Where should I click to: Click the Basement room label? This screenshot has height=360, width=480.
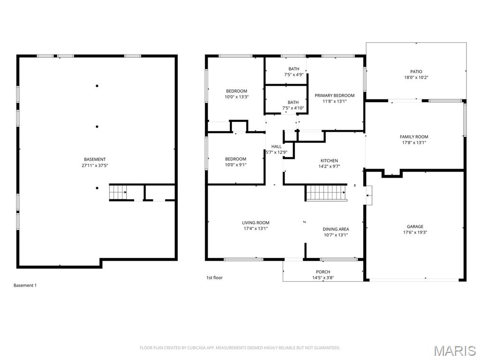(x=95, y=159)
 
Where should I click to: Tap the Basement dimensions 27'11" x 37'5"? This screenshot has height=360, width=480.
(x=95, y=165)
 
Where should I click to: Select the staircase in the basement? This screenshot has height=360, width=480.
(x=118, y=192)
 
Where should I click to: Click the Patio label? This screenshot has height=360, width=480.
(x=416, y=72)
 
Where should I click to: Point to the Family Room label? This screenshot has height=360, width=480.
(x=414, y=137)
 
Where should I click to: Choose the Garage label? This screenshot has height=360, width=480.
(x=415, y=226)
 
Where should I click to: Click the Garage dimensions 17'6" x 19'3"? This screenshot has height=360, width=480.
(x=415, y=232)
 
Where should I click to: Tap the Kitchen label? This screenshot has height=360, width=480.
(x=329, y=161)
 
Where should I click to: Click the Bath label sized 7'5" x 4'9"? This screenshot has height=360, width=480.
(x=293, y=68)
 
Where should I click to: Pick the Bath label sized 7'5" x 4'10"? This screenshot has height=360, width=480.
(x=293, y=102)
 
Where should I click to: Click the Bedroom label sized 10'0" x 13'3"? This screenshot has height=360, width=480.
(x=236, y=91)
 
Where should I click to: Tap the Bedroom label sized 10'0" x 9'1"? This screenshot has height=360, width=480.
(x=235, y=159)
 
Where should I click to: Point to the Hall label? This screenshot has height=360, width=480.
(x=277, y=147)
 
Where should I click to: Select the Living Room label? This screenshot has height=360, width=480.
(x=255, y=223)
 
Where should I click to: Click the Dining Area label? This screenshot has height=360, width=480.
(x=336, y=229)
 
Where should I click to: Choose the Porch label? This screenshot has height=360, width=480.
(x=322, y=272)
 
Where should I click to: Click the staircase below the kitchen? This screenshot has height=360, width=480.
(x=326, y=192)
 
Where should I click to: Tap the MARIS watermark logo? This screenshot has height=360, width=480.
(x=454, y=350)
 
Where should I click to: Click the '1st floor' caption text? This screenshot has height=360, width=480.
(x=215, y=277)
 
